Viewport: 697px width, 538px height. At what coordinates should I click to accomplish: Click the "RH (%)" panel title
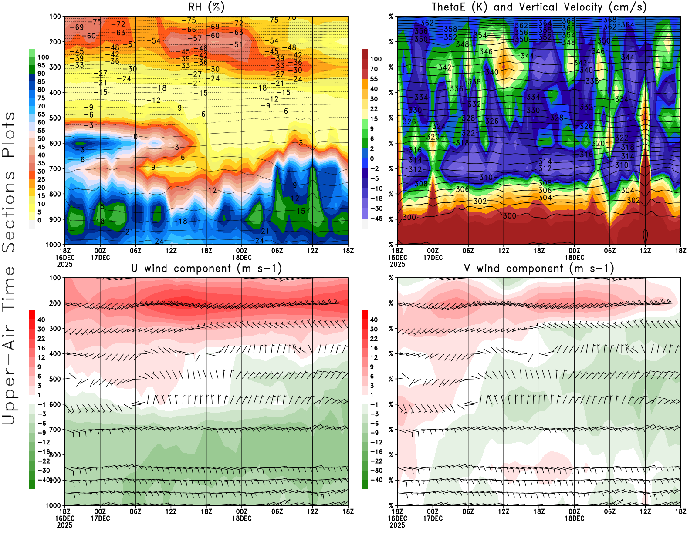pyautogui.click(x=206, y=7)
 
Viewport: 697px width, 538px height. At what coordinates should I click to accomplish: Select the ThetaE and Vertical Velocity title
pyautogui.click(x=539, y=7)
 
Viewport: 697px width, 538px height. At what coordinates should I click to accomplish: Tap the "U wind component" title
pyautogui.click(x=206, y=268)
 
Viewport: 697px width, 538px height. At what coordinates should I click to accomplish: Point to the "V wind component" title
pyautogui.click(x=539, y=268)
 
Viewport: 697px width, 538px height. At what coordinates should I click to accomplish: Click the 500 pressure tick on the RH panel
pyautogui.click(x=55, y=118)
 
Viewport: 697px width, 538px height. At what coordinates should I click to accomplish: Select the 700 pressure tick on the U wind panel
pyautogui.click(x=55, y=430)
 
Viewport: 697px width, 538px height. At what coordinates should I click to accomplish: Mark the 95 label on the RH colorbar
pyautogui.click(x=41, y=65)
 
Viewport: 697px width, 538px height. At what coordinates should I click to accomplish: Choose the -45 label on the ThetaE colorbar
pyautogui.click(x=376, y=219)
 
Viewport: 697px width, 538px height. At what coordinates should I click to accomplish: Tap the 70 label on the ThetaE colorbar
pyautogui.click(x=374, y=69)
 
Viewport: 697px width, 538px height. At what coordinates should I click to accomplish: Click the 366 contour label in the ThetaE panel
pyautogui.click(x=568, y=21)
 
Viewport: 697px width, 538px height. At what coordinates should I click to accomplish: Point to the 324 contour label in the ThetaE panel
pyautogui.click(x=439, y=126)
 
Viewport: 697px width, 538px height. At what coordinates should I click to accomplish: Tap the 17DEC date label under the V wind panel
pyautogui.click(x=433, y=518)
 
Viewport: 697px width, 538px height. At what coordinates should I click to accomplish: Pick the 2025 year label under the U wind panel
pyautogui.click(x=64, y=525)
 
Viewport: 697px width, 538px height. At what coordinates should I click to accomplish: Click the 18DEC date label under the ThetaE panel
pyautogui.click(x=574, y=257)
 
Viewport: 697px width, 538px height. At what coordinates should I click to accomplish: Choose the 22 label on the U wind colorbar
pyautogui.click(x=41, y=338)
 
